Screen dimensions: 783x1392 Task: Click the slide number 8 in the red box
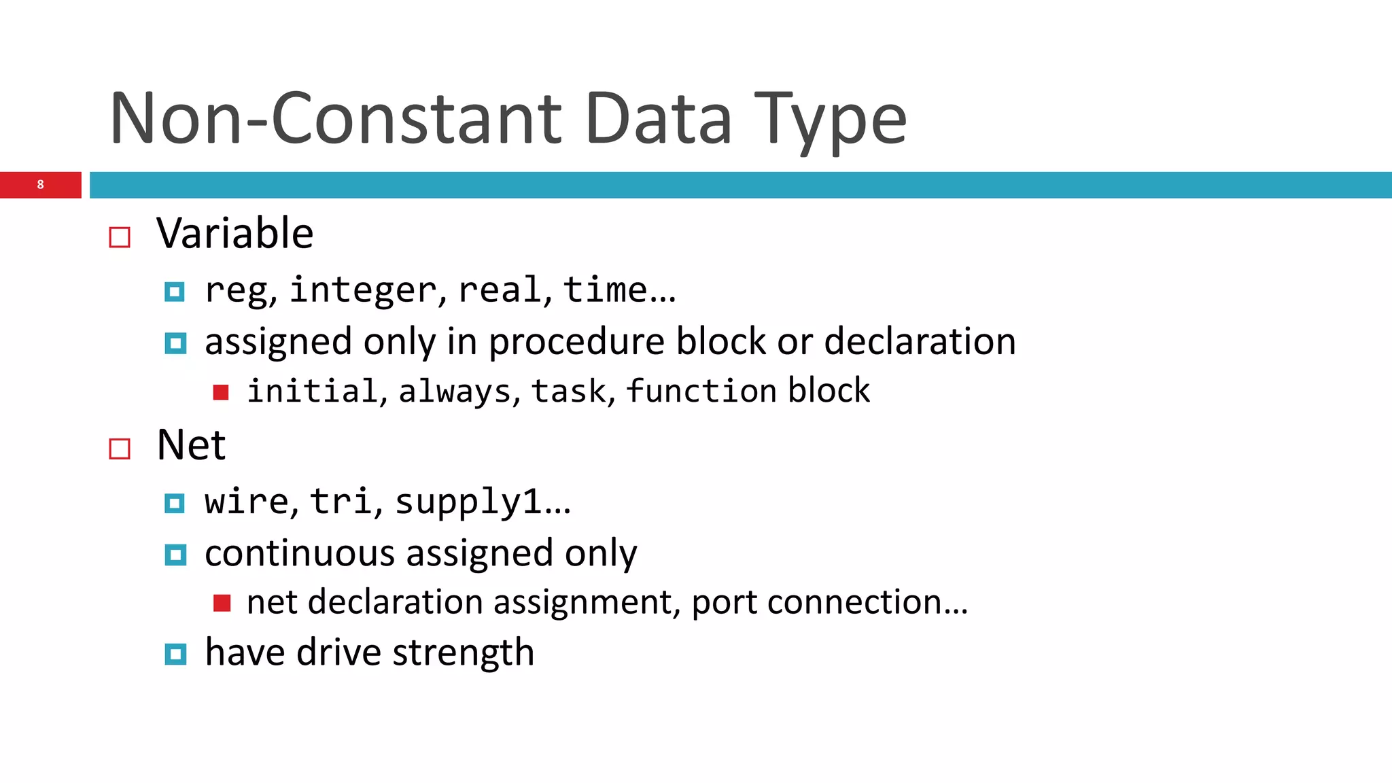coord(41,185)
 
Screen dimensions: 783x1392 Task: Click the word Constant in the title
coord(417,120)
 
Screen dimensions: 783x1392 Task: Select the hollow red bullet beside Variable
coord(120,237)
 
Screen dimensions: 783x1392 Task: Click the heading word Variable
coord(234,234)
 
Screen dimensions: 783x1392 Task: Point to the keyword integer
coord(363,290)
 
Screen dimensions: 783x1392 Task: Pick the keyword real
coord(500,290)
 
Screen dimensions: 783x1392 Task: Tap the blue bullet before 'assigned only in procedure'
coord(175,343)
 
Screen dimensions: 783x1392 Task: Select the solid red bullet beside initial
coord(221,392)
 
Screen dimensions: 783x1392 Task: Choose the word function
coord(701,391)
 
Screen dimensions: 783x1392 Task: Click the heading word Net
coord(191,446)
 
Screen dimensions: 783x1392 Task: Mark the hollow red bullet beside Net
coord(120,449)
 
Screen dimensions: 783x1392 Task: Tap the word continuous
coord(299,553)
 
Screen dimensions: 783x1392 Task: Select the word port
coord(724,603)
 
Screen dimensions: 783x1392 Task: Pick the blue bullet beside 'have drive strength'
coord(175,655)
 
